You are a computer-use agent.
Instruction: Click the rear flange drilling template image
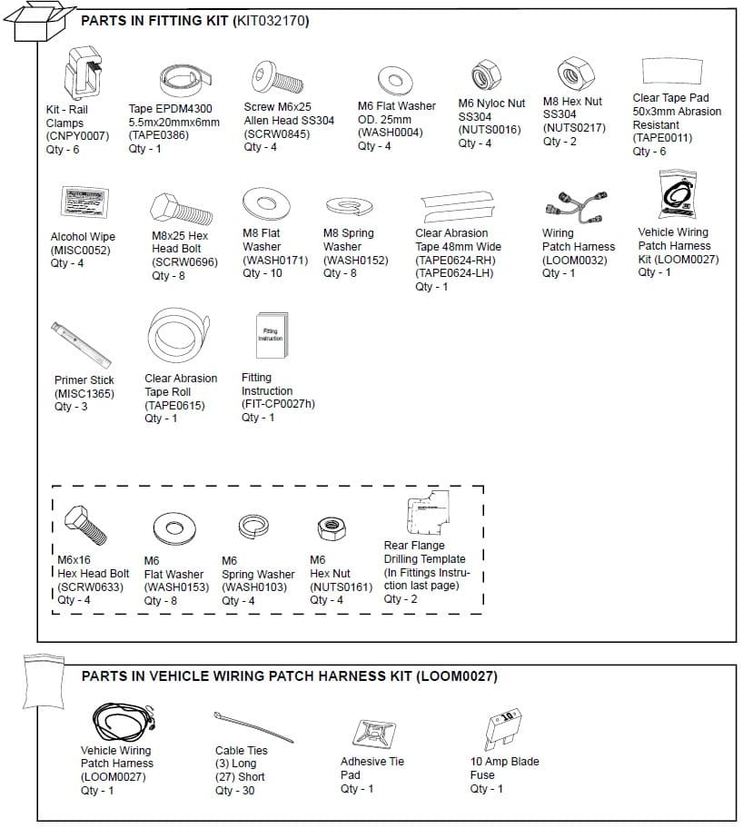427,515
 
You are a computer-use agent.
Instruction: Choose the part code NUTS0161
341,586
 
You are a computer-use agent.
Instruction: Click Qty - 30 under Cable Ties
234,790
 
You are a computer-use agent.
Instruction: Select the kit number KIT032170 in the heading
271,20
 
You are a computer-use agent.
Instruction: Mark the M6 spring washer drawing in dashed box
253,526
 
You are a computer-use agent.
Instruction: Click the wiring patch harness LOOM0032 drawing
577,208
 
